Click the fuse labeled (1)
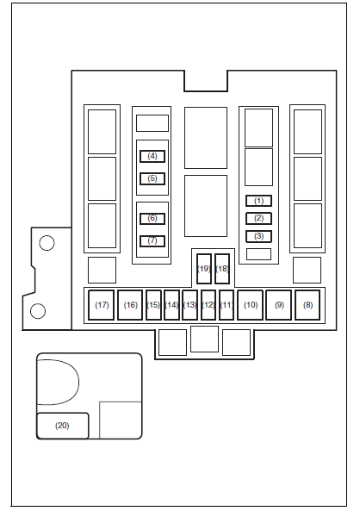pyautogui.click(x=258, y=201)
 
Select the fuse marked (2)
pyautogui.click(x=258, y=218)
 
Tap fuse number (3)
pyautogui.click(x=258, y=236)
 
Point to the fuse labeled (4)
pyautogui.click(x=152, y=156)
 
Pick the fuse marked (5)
pyautogui.click(x=152, y=178)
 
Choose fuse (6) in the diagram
pyautogui.click(x=152, y=218)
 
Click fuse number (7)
pyautogui.click(x=152, y=240)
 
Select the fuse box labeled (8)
pyautogui.click(x=307, y=305)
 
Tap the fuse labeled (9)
pyautogui.click(x=279, y=305)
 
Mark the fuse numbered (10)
pyautogui.click(x=251, y=305)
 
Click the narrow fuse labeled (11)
pyautogui.click(x=227, y=305)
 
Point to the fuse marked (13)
pyautogui.click(x=189, y=305)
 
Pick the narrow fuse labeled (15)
pyautogui.click(x=153, y=305)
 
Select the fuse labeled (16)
pyautogui.click(x=130, y=305)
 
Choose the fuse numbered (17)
pyautogui.click(x=102, y=305)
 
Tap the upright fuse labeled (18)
pyautogui.click(x=222, y=269)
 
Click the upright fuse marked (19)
pyautogui.click(x=204, y=269)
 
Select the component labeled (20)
pyautogui.click(x=62, y=426)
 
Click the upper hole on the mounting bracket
pyautogui.click(x=47, y=243)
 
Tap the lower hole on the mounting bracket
pyautogui.click(x=38, y=311)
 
